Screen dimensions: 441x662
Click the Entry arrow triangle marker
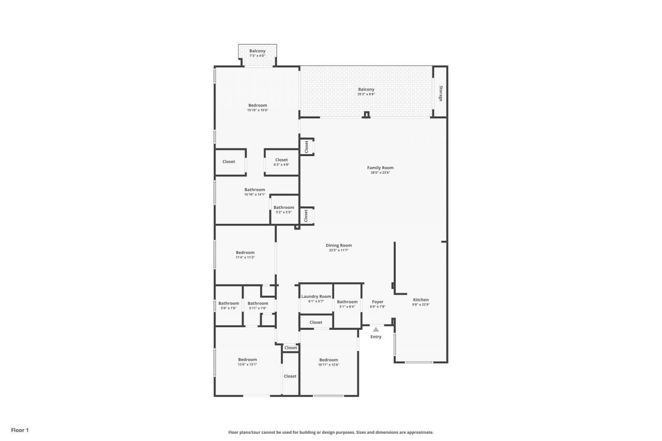[x=376, y=329]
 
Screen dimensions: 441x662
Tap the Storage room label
[x=441, y=93]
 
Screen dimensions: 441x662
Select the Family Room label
[x=380, y=168]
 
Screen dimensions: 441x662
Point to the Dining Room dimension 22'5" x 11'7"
[x=339, y=250]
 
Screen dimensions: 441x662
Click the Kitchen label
[x=420, y=300]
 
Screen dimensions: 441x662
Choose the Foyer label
[x=378, y=302]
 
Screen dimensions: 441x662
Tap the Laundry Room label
[x=316, y=296]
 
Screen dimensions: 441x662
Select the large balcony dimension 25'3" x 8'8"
[x=366, y=94]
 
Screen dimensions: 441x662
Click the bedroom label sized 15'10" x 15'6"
[x=258, y=105]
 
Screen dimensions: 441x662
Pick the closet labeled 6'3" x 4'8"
[x=281, y=162]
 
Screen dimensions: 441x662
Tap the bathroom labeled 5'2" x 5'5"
[x=284, y=209]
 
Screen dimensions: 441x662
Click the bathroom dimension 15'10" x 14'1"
[x=255, y=194]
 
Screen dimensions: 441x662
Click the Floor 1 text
[x=20, y=430]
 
